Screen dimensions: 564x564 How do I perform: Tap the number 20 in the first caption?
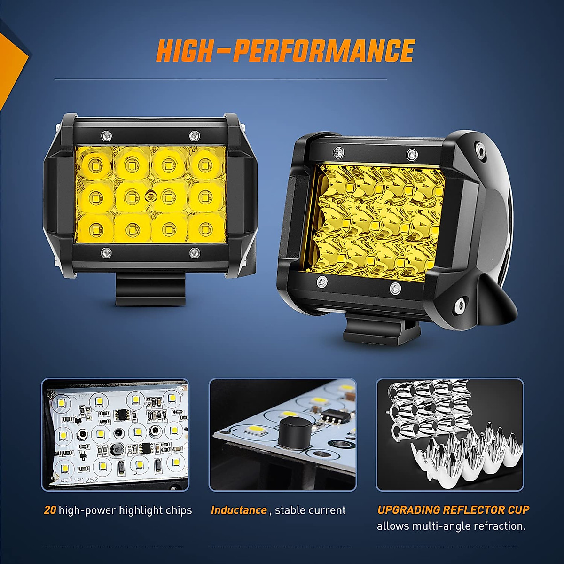coord(50,510)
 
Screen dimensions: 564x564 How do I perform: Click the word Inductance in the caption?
coord(239,510)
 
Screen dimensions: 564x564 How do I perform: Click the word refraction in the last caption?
coord(502,526)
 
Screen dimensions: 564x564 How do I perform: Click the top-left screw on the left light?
coord(107,136)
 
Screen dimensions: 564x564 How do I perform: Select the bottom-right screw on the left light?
coord(194,253)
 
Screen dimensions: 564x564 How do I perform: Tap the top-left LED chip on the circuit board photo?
coord(61,402)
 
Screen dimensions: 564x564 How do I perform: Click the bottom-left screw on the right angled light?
coord(321,282)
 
